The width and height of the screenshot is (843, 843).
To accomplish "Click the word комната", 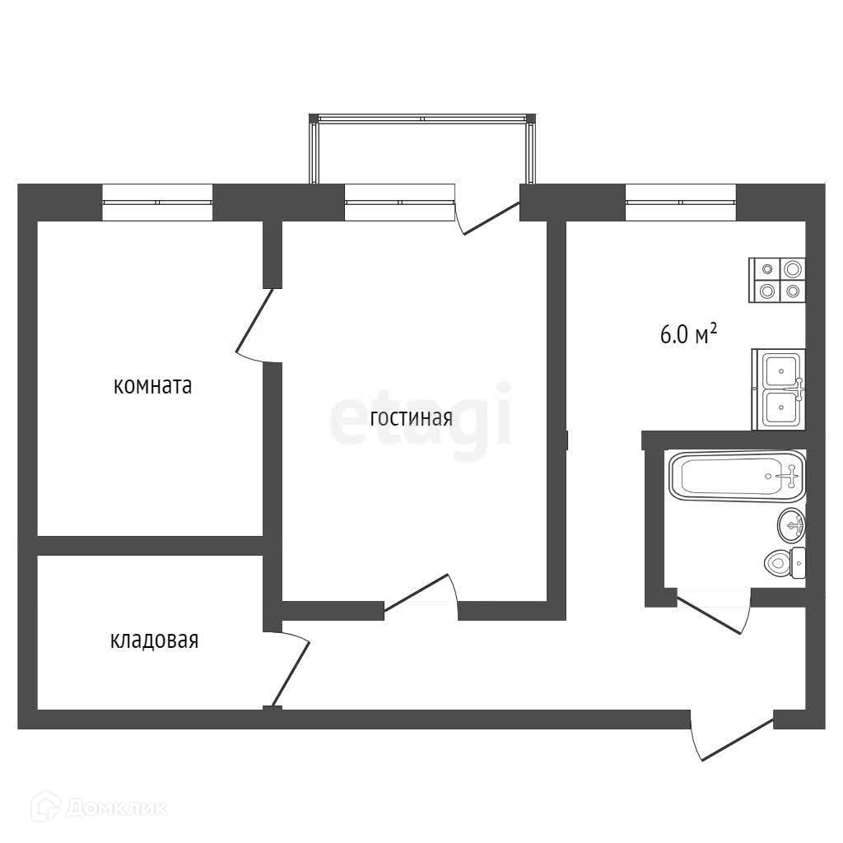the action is point(152,385).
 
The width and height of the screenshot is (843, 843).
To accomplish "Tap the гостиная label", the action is point(412,417).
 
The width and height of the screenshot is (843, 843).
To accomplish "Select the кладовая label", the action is point(154,640).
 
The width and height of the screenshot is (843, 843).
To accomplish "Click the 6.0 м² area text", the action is point(688,334).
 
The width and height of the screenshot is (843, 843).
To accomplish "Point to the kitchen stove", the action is point(777,280).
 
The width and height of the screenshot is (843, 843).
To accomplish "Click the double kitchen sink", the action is point(779,389).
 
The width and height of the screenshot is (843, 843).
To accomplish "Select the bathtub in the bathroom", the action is point(737,475).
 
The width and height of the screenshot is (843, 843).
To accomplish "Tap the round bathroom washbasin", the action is point(791,524).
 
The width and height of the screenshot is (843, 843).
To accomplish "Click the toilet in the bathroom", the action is point(785,563).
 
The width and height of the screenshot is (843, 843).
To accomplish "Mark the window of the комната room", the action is point(157,203).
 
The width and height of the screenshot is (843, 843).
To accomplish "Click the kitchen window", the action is point(681,203).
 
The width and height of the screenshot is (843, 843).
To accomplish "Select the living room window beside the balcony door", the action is point(399,203).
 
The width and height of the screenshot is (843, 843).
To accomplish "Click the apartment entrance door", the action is point(737,738).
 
